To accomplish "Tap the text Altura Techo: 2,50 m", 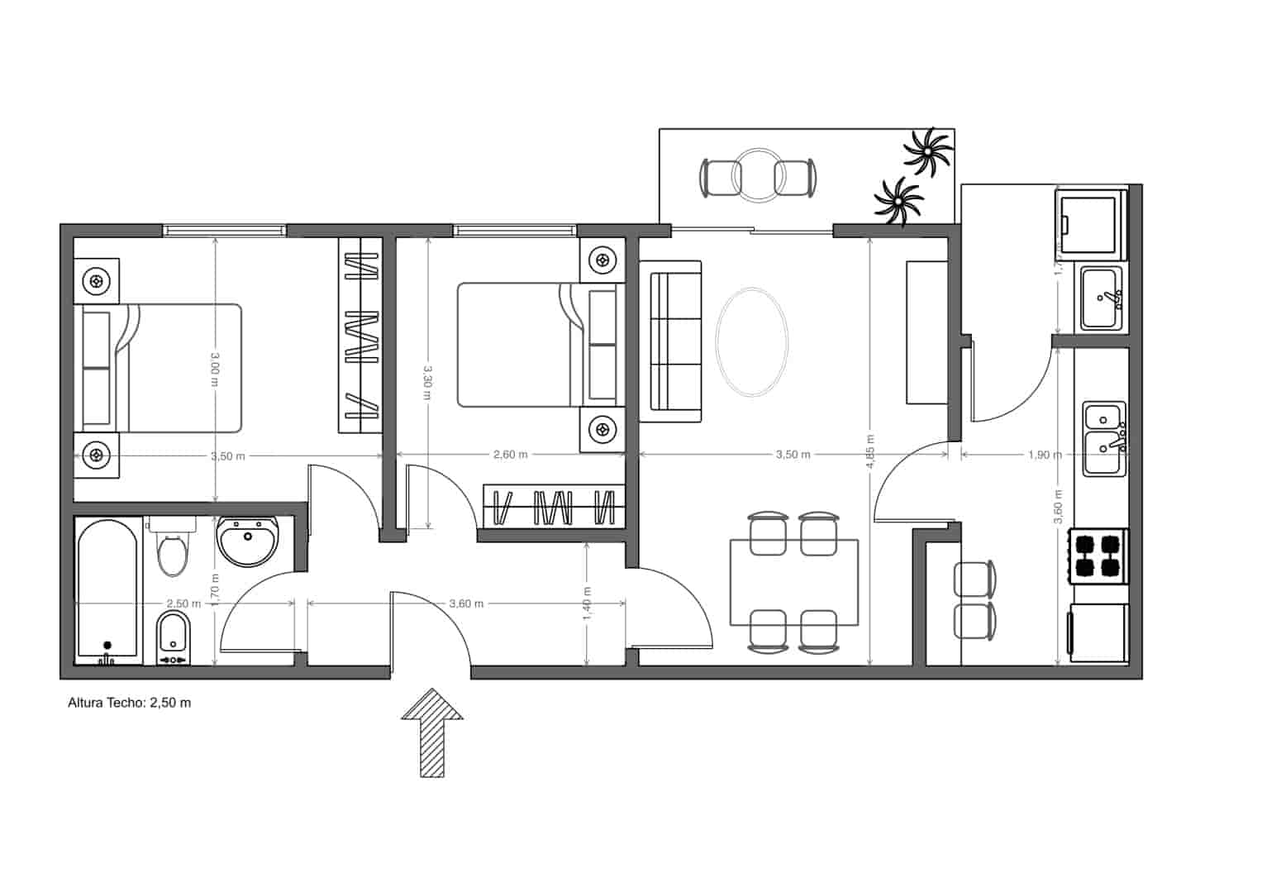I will (x=129, y=703).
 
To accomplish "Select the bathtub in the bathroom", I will (x=107, y=590).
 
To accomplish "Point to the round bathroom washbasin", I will (x=248, y=541).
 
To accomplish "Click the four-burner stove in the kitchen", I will (x=1098, y=556).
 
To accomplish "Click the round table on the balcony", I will (x=758, y=175).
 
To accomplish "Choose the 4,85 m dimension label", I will (x=870, y=452).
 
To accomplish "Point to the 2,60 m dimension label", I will (x=510, y=455).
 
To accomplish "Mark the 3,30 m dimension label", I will (x=426, y=382).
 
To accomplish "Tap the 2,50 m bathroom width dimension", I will (x=183, y=603).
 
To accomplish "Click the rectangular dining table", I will (x=793, y=582).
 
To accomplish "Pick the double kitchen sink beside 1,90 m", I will (x=1103, y=438).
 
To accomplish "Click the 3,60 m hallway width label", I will (x=466, y=603).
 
